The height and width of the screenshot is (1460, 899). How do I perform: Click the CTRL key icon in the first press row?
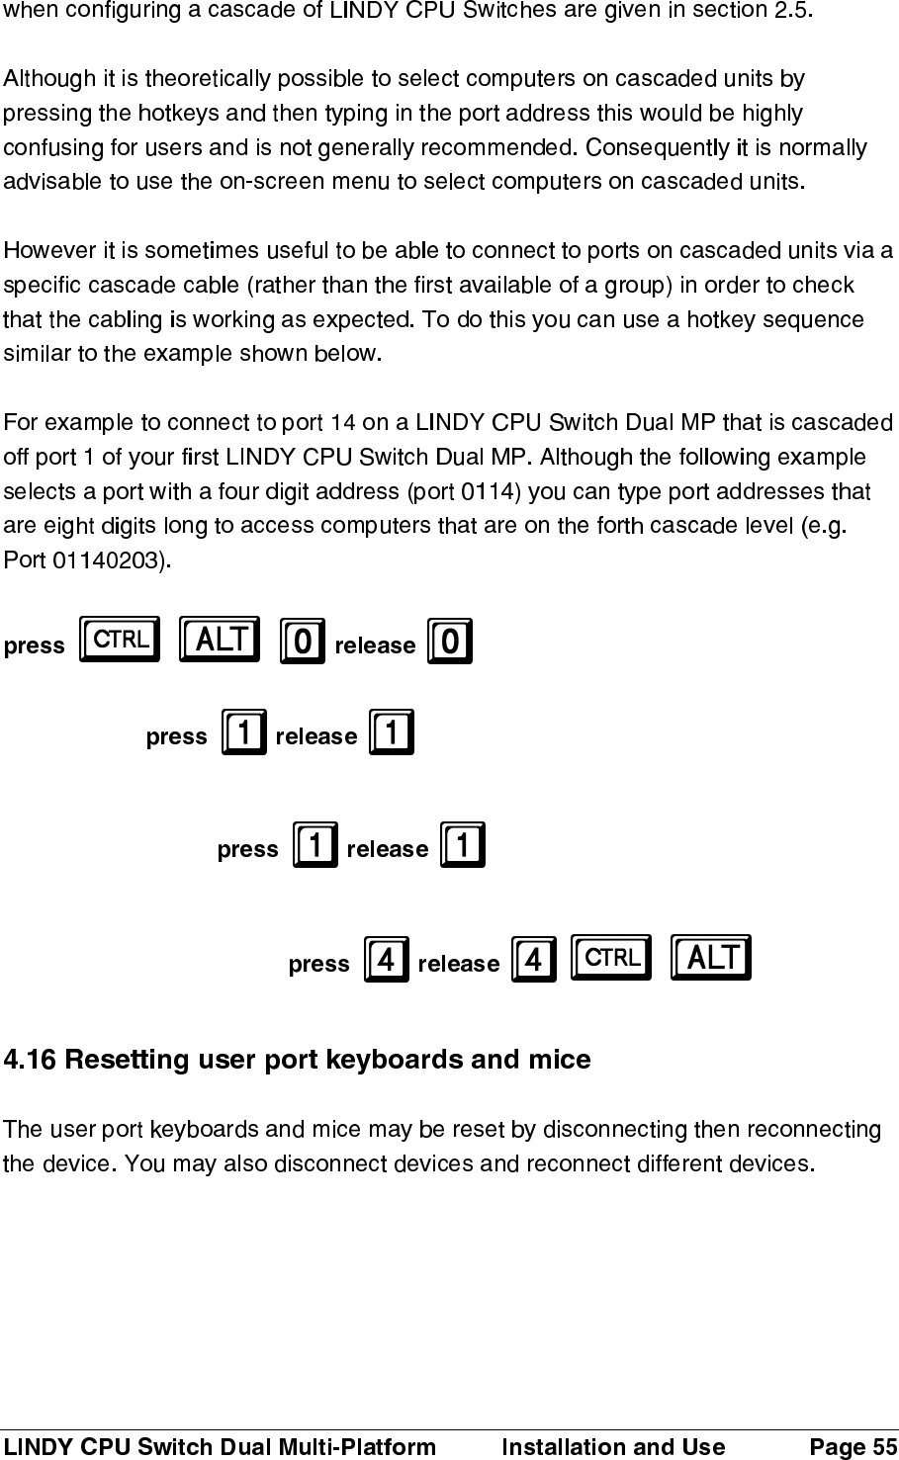pos(120,640)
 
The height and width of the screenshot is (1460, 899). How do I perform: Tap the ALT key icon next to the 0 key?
pos(220,640)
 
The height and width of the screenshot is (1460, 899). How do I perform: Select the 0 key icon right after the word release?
pos(450,643)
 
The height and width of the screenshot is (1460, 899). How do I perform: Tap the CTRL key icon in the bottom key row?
pos(612,957)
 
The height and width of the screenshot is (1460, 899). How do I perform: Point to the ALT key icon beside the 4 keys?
pos(710,957)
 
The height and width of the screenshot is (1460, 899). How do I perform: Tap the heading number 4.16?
pos(32,1061)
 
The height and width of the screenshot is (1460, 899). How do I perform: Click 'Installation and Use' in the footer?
pos(613,1447)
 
